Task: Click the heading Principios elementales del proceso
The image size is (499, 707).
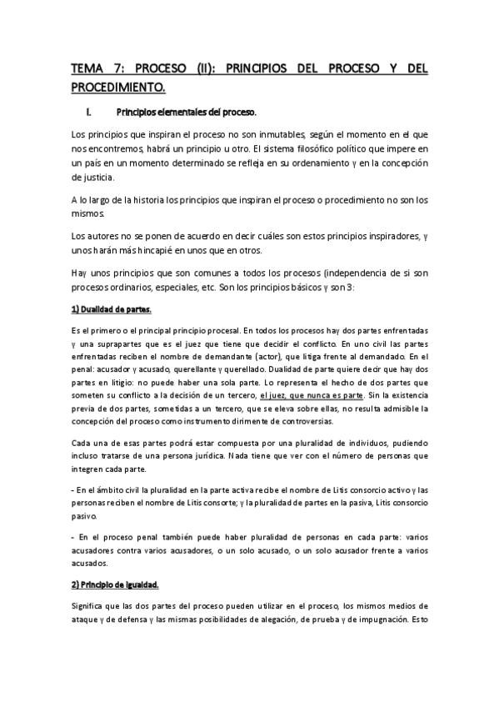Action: (x=187, y=112)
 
